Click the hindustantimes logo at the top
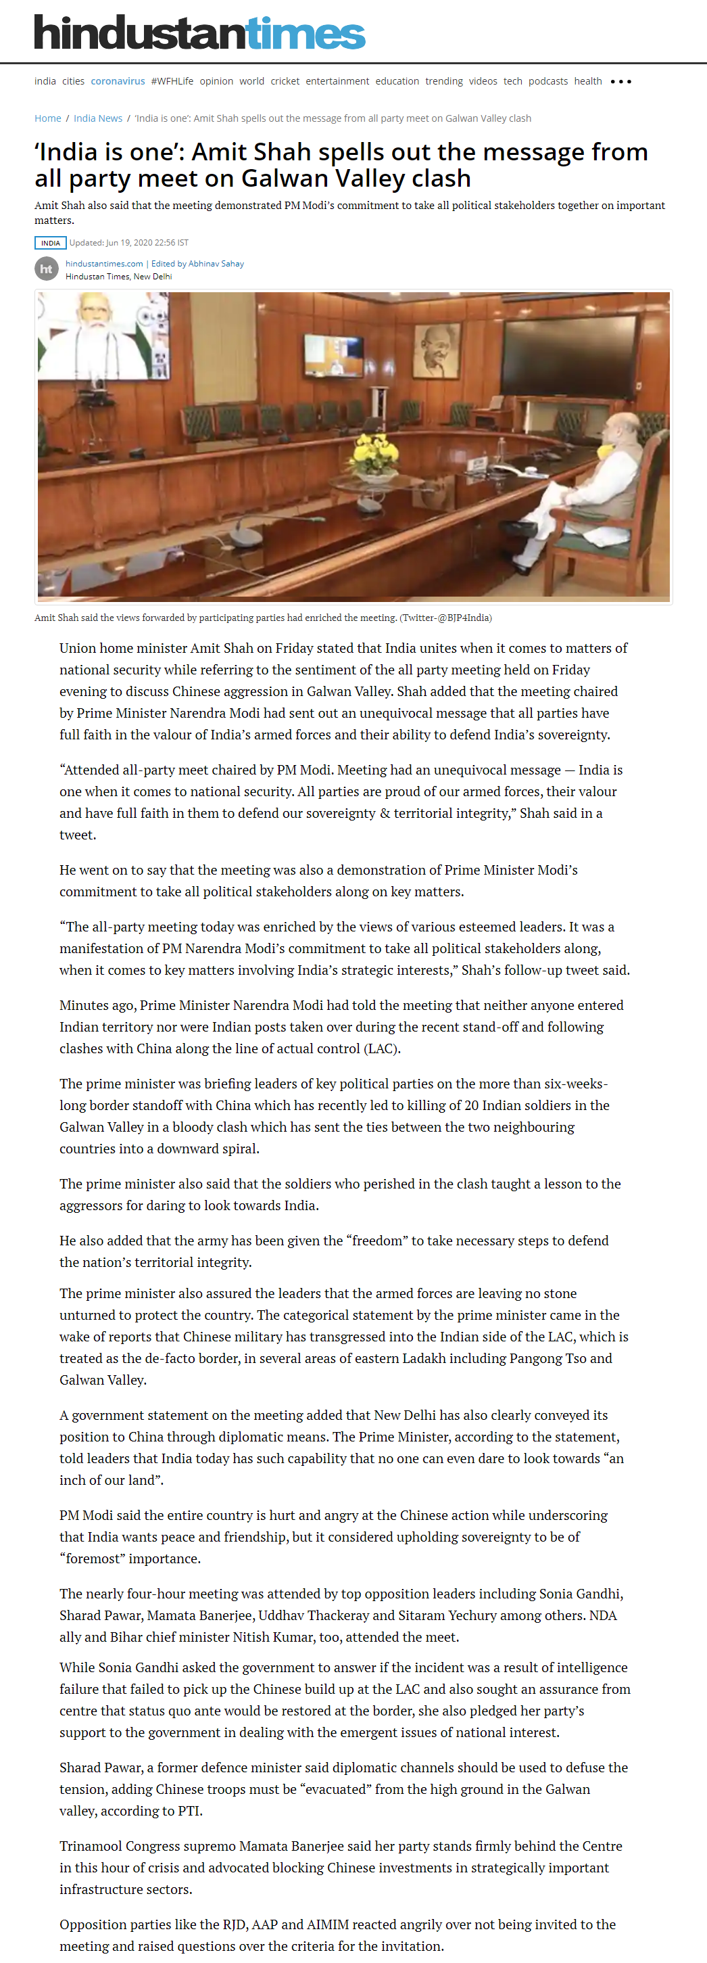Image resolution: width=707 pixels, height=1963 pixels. [x=199, y=32]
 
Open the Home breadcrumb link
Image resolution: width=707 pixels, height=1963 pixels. [x=47, y=118]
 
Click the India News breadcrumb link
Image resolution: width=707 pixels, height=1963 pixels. [x=97, y=118]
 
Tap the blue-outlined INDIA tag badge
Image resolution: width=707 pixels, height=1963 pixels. [x=50, y=243]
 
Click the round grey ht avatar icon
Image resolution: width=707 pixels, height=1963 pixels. [x=47, y=269]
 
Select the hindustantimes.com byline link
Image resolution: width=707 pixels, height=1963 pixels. [x=104, y=264]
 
